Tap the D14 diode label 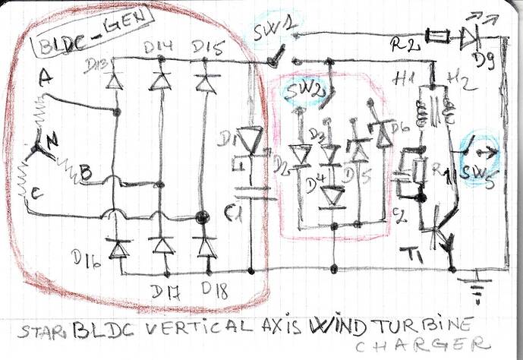[x=159, y=49]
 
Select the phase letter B [x=85, y=173]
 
